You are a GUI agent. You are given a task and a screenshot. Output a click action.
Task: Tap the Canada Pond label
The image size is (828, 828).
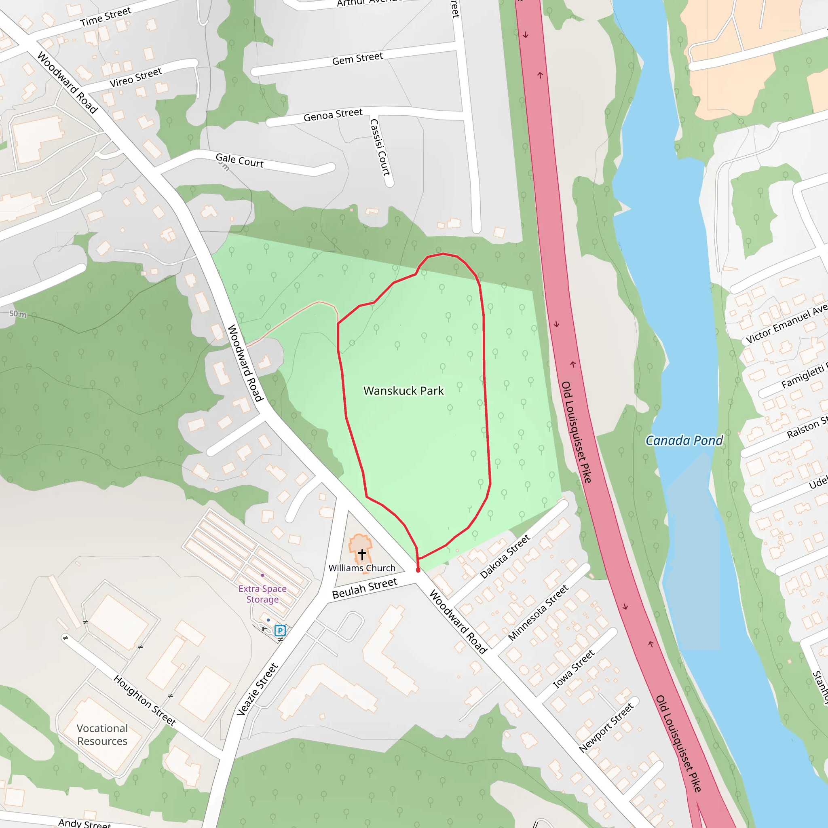point(684,441)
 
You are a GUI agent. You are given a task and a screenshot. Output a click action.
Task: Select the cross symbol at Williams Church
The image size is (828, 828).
point(362,554)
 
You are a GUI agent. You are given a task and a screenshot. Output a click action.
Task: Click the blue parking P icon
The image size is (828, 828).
point(280,630)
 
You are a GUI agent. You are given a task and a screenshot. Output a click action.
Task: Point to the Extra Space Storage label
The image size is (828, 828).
point(262,594)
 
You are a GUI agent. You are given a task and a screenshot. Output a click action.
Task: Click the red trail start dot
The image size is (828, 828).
point(418,570)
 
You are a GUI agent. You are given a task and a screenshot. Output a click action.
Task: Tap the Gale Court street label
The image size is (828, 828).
point(240,161)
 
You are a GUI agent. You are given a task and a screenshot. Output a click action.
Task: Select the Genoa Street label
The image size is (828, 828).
point(333,115)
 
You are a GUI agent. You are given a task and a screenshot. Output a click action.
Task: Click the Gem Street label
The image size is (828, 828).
point(357,58)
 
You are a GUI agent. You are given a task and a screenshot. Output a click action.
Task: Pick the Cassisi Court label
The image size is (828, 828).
point(380,148)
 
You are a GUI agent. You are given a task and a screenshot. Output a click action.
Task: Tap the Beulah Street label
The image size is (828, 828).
point(365,588)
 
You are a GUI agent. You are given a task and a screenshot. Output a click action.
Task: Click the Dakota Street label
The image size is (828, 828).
point(505,556)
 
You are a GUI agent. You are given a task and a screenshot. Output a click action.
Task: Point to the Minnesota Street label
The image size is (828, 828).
point(538,613)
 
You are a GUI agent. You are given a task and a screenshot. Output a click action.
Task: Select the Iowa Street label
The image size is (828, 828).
point(573,669)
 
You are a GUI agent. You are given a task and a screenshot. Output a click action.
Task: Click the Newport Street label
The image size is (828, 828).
point(606,727)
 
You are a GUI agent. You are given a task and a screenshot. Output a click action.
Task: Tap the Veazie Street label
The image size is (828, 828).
point(258,690)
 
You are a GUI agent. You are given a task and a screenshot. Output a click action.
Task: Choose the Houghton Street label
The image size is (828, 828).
point(145,700)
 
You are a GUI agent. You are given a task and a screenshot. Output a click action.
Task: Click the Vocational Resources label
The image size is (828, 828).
point(102,735)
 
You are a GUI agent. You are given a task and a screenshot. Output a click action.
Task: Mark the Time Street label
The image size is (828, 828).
point(106,17)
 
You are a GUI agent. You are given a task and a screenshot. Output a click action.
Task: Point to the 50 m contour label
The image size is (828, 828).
point(18,314)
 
